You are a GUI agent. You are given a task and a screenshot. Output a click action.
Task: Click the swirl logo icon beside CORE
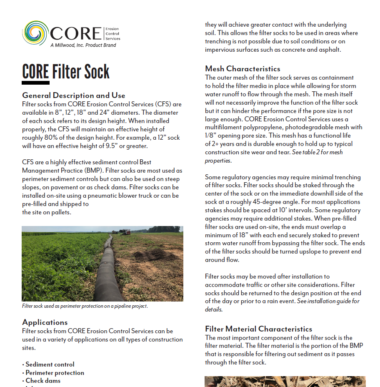coord(35,33)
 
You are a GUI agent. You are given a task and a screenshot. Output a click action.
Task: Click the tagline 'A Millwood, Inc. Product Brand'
coord(83,45)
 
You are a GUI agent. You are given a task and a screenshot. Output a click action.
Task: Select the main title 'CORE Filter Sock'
coord(66,72)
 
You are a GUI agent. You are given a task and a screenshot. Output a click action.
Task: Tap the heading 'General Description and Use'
coord(74,95)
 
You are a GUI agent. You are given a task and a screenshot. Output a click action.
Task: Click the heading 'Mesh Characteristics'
coord(242,69)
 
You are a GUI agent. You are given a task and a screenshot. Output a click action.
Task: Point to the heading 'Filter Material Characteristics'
coord(258,329)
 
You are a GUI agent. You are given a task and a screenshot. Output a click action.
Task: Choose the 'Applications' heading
coord(45,322)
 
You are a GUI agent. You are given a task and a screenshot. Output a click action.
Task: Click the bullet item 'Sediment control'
coord(50,364)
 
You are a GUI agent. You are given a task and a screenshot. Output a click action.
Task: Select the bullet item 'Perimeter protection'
coord(55,373)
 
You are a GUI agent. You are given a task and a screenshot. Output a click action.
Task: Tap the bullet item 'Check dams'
coord(42,381)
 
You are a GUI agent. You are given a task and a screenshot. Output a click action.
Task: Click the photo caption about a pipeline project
coord(85,306)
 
